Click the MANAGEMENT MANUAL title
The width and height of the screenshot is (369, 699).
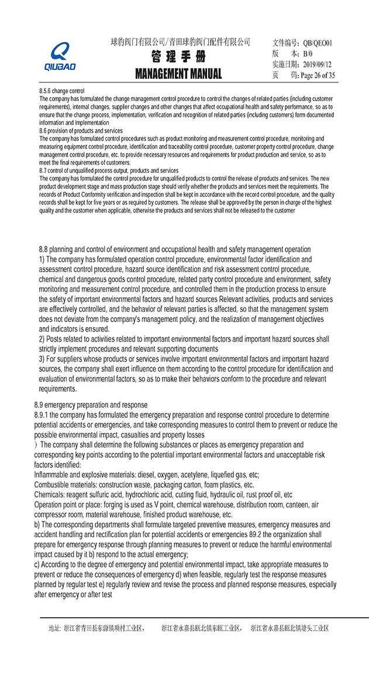tap(178, 74)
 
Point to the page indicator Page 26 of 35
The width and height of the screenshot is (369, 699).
tap(318, 75)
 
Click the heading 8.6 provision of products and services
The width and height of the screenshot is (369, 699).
tap(81, 131)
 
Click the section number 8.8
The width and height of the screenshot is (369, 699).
tap(45, 250)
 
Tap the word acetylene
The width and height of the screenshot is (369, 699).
tap(206, 475)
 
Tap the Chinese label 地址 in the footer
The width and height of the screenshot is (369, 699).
tap(54, 628)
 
